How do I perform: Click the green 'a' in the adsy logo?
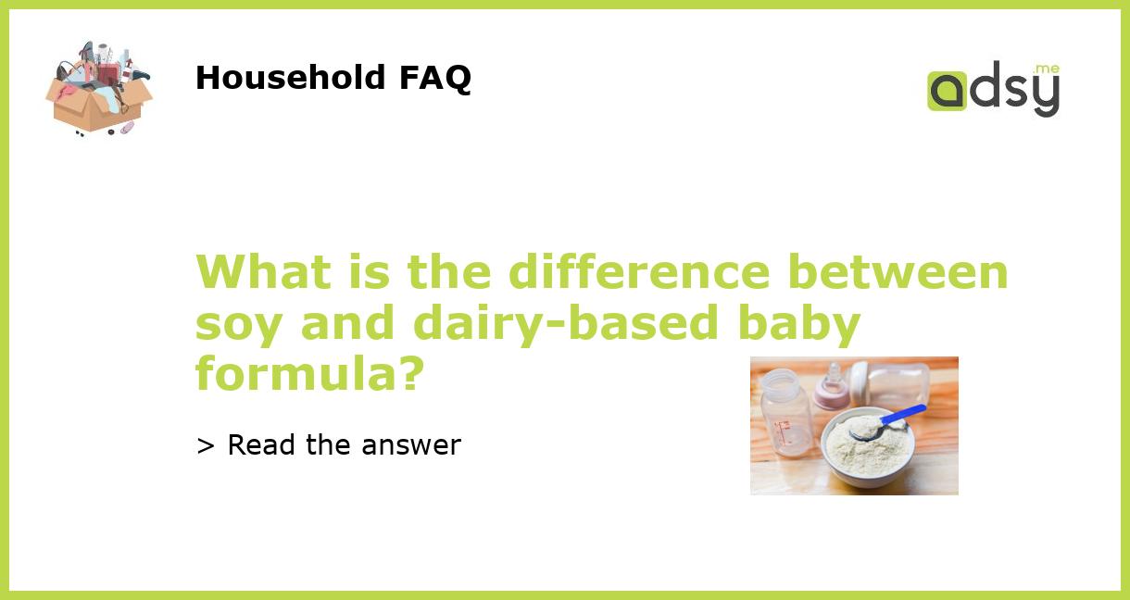point(947,92)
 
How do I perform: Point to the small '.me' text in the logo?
point(1047,69)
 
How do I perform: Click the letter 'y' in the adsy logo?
point(1045,96)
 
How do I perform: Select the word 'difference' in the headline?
point(638,272)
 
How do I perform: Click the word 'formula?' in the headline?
point(309,372)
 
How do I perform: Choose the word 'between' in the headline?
point(898,272)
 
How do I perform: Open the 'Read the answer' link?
point(329,445)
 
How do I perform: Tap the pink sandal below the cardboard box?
point(127,127)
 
